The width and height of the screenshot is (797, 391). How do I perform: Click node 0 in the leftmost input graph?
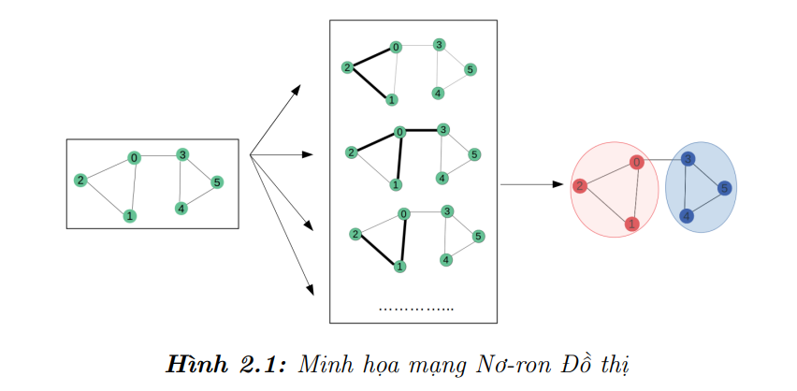(135, 158)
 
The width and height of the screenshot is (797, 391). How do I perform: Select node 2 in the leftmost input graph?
(81, 181)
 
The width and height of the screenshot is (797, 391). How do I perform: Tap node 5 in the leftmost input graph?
(217, 181)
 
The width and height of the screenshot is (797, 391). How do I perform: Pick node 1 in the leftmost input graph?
(129, 216)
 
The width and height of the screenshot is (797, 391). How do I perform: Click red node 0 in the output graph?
(637, 163)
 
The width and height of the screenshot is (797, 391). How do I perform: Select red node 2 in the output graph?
(580, 186)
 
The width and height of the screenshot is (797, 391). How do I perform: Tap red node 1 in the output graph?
(632, 224)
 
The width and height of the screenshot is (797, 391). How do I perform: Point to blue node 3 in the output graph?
(688, 160)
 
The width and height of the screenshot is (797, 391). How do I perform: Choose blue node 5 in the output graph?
(723, 188)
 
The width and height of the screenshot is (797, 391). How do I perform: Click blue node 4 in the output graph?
(687, 216)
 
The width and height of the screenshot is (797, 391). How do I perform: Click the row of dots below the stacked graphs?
(416, 308)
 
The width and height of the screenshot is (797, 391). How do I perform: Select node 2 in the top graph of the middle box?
(347, 67)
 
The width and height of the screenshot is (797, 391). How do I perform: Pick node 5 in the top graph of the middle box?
(470, 69)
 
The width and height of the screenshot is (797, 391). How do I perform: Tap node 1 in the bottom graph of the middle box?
(399, 267)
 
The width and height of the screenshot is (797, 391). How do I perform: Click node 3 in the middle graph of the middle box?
(443, 129)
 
